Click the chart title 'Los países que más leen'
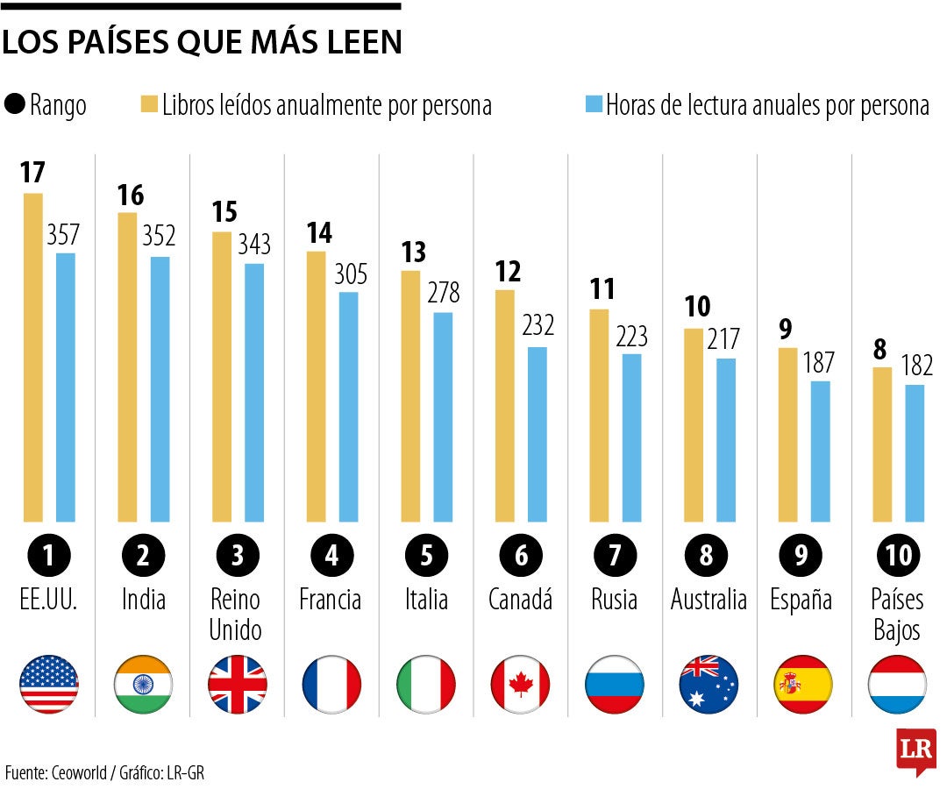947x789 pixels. pos(202,42)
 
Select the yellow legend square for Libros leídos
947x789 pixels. pos(148,105)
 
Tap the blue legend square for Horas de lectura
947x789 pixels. pos(594,105)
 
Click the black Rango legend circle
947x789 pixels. pos(15,105)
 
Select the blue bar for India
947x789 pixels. pos(160,389)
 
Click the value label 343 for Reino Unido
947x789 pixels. pos(254,244)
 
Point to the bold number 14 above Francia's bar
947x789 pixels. pos(318,233)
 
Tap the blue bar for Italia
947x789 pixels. pos(443,416)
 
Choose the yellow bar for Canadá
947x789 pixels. pos(505,405)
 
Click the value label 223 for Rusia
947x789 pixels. pos(631,336)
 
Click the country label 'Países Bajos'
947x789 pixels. pos(896,614)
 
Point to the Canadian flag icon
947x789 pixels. pos(520,684)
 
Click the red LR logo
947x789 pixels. pos(915,750)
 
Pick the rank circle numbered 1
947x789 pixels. pos(49,555)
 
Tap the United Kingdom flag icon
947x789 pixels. pos(238,684)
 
